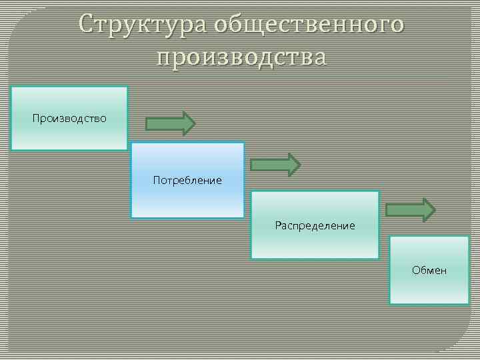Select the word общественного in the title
tap(309, 24)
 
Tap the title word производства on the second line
tap(242, 57)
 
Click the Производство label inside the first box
tap(69, 118)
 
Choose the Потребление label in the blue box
tap(187, 180)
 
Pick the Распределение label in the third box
tap(315, 225)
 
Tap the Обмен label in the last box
tap(429, 270)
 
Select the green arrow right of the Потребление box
tap(275, 165)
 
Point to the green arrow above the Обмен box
tap(411, 210)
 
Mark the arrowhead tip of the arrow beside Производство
tap(195, 123)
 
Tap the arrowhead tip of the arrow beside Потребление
tap(301, 165)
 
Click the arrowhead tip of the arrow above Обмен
tap(435, 210)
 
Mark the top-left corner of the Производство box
tap(11, 87)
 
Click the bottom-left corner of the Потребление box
tap(131, 217)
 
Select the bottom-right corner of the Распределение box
tap(378, 258)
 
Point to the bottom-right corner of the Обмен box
tap(469, 304)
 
